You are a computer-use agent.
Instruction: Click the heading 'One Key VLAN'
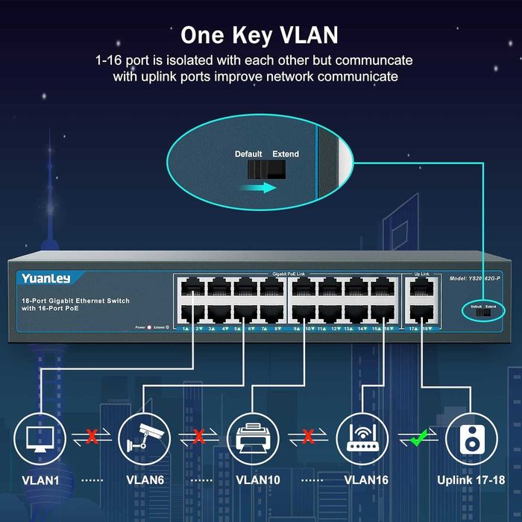point(260,35)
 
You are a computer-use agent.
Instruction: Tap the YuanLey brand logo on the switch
point(45,278)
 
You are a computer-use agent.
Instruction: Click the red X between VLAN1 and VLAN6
point(92,437)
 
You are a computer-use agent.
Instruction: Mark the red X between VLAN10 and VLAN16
point(306,437)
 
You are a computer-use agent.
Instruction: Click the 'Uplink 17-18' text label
point(471,480)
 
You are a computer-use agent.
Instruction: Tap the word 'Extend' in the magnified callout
point(285,154)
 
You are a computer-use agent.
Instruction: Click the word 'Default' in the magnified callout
point(248,154)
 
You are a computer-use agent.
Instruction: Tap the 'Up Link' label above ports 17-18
point(421,274)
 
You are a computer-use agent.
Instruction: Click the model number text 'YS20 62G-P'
point(478,278)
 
